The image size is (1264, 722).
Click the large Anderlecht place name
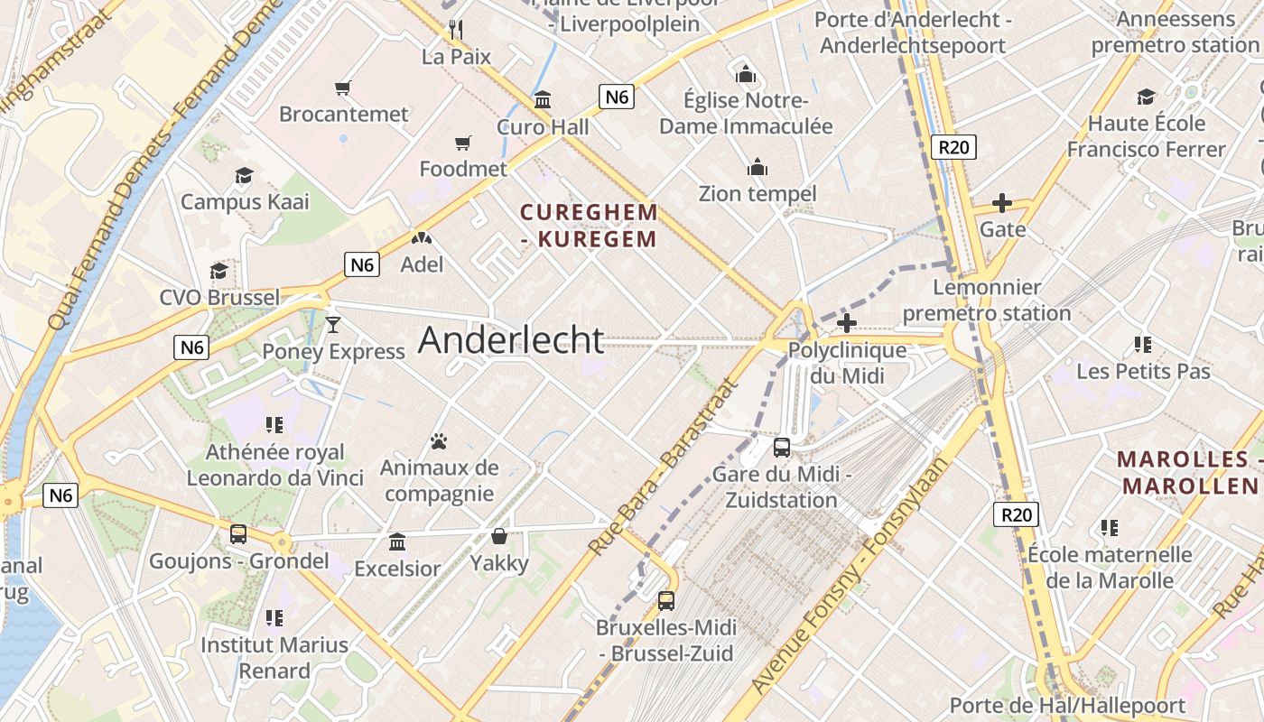tap(511, 340)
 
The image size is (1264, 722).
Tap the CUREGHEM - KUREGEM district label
tap(589, 226)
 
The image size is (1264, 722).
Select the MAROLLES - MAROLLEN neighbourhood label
tap(1189, 472)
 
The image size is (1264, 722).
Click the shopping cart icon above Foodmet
tap(463, 143)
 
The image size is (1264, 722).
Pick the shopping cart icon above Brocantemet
tap(342, 88)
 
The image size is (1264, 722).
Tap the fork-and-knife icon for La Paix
tap(456, 30)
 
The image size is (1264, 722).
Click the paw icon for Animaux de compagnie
tap(439, 441)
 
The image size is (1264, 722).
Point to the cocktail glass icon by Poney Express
tap(333, 325)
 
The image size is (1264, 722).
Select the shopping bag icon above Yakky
tap(498, 537)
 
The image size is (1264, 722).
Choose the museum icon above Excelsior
tap(397, 542)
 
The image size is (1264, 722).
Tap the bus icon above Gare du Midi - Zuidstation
tap(782, 447)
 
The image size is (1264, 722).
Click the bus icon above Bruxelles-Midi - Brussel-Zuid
tap(666, 600)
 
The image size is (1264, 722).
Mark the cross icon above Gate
tap(1002, 203)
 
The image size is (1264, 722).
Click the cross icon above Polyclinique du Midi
tap(847, 323)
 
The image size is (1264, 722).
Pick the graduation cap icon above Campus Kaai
tap(244, 175)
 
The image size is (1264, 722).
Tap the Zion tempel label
tap(757, 193)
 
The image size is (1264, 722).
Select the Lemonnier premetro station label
tap(987, 301)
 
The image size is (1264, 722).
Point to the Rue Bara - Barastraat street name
tap(662, 467)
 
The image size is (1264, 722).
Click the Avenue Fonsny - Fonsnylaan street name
tap(850, 577)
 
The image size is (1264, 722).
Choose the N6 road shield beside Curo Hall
tap(617, 97)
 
